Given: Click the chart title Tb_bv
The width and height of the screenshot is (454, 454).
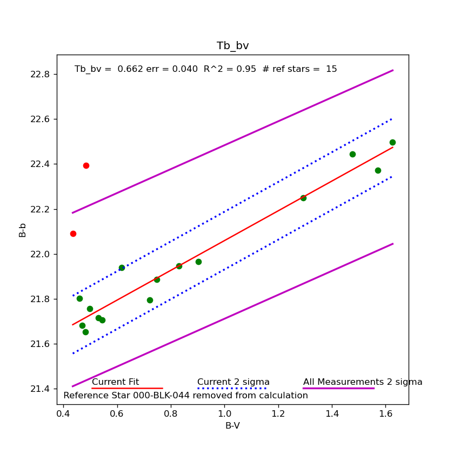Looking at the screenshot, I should (x=232, y=46).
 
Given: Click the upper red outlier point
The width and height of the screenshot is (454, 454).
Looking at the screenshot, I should (x=86, y=165).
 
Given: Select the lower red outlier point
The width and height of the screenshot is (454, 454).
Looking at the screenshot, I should (x=73, y=233).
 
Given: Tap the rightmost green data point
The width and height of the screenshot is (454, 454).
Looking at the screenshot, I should (x=392, y=142).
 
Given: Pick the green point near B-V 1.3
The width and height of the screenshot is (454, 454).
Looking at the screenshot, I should (x=303, y=198).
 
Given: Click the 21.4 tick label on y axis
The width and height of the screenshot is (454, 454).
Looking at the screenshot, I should (x=42, y=389).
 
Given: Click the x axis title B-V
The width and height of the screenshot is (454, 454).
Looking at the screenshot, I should (x=232, y=426).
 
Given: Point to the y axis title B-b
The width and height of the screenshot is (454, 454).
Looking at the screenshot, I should (x=23, y=230).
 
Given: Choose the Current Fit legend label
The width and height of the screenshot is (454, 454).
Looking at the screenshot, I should (x=115, y=382).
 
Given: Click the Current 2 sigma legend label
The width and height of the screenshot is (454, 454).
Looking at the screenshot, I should (x=233, y=382).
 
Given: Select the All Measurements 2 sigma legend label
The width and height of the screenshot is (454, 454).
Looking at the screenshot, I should (x=363, y=382).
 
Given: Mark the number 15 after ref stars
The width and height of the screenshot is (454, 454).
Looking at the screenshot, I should (x=331, y=69).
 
